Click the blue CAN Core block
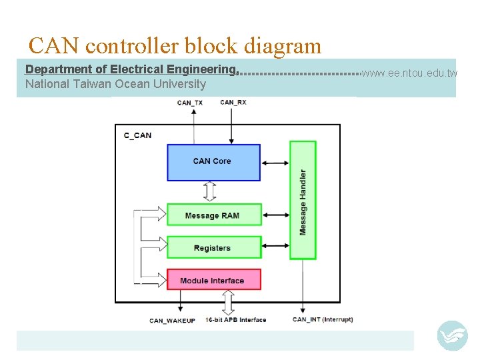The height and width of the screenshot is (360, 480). coord(213,162)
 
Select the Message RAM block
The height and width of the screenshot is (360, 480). coord(213,215)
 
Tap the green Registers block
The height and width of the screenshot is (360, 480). coord(213,247)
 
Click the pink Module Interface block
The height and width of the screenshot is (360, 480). coord(213,280)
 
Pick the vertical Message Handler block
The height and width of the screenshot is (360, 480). coord(303,200)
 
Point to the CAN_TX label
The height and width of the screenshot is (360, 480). coord(190,103)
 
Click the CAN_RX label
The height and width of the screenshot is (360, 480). coord(233,102)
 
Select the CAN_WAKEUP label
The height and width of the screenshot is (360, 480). coord(172,321)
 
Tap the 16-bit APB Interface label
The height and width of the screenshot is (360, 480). coord(236,320)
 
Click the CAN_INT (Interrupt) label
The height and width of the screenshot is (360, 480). coord(323,319)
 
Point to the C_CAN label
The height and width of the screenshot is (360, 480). coord(138,135)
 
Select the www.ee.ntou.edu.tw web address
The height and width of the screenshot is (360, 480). coord(409,73)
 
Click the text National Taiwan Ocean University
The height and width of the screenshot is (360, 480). coord(115,84)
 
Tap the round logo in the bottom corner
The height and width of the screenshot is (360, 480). coord(452,335)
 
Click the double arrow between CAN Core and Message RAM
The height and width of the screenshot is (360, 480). coord(211,192)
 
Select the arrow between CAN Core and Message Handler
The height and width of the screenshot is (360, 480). coord(275,162)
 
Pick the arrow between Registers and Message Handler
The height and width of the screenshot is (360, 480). coord(275,247)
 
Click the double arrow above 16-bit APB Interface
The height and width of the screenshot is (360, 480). coord(228,302)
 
